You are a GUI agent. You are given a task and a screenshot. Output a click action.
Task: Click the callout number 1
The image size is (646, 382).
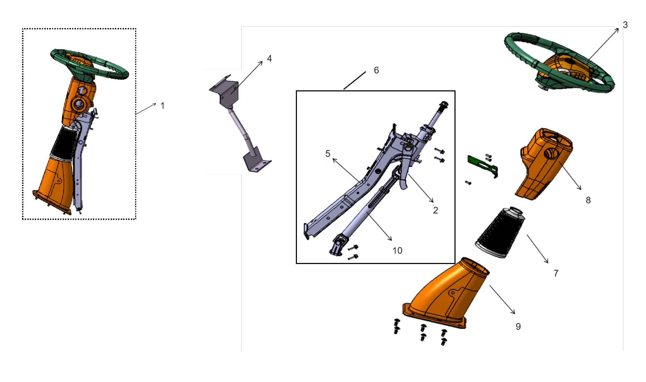click(x=162, y=106)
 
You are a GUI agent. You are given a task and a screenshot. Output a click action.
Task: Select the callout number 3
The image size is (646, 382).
click(x=625, y=25)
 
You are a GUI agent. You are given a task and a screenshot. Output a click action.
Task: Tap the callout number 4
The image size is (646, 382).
click(x=269, y=58)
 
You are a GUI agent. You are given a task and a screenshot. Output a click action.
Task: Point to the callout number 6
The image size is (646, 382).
click(x=376, y=70)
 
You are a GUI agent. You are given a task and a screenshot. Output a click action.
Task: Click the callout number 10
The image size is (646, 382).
click(x=397, y=251)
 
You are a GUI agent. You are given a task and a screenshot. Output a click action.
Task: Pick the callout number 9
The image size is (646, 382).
click(x=518, y=327)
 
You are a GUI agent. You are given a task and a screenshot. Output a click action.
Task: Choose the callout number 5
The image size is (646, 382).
click(x=328, y=154)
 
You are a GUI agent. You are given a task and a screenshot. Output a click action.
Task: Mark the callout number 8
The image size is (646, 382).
click(x=588, y=200)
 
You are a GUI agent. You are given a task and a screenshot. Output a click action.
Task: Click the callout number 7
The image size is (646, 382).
click(x=556, y=273)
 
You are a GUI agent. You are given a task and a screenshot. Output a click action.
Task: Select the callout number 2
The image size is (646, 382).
click(x=436, y=210)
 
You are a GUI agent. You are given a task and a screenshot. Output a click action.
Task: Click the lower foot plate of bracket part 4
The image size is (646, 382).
click(x=256, y=163)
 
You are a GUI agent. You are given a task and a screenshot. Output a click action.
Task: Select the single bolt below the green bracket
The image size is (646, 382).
click(x=468, y=182)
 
